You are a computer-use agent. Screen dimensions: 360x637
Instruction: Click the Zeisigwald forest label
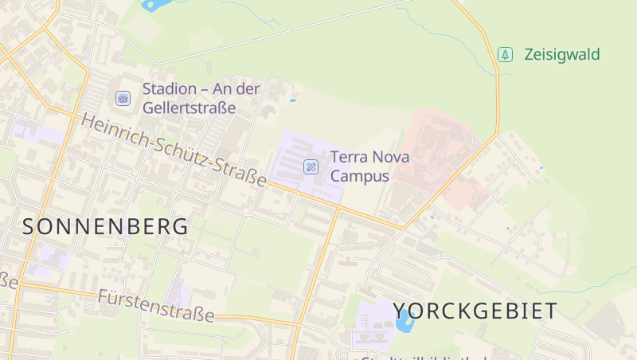click(x=561, y=55)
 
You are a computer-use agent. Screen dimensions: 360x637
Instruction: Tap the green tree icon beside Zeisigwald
click(x=505, y=54)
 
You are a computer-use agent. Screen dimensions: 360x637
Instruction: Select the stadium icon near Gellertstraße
click(x=123, y=97)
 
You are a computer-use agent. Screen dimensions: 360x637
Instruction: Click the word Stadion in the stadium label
click(x=170, y=88)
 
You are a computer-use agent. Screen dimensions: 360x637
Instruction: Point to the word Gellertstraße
click(x=189, y=108)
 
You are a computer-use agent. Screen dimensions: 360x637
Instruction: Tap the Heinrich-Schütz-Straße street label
click(x=174, y=151)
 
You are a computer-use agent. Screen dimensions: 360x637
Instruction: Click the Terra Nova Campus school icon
click(x=311, y=166)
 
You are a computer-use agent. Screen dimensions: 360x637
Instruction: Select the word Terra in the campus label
click(x=348, y=157)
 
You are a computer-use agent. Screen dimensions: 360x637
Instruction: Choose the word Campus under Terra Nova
click(x=360, y=176)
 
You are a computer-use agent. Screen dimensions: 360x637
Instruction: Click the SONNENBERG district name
click(x=106, y=226)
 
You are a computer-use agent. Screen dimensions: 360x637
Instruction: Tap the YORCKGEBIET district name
click(x=475, y=311)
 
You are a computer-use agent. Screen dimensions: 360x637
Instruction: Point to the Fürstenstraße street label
click(x=156, y=307)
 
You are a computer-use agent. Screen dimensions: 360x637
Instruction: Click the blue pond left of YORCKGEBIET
click(x=404, y=320)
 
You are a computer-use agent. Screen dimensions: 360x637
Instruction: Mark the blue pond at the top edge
click(x=156, y=4)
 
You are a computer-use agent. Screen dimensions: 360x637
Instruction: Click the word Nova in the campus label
click(x=391, y=157)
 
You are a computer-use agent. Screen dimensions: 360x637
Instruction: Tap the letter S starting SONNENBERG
click(x=29, y=226)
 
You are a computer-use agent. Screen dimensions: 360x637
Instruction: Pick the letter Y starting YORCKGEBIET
click(x=401, y=311)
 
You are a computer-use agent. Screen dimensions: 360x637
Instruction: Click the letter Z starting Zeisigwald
click(x=530, y=55)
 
